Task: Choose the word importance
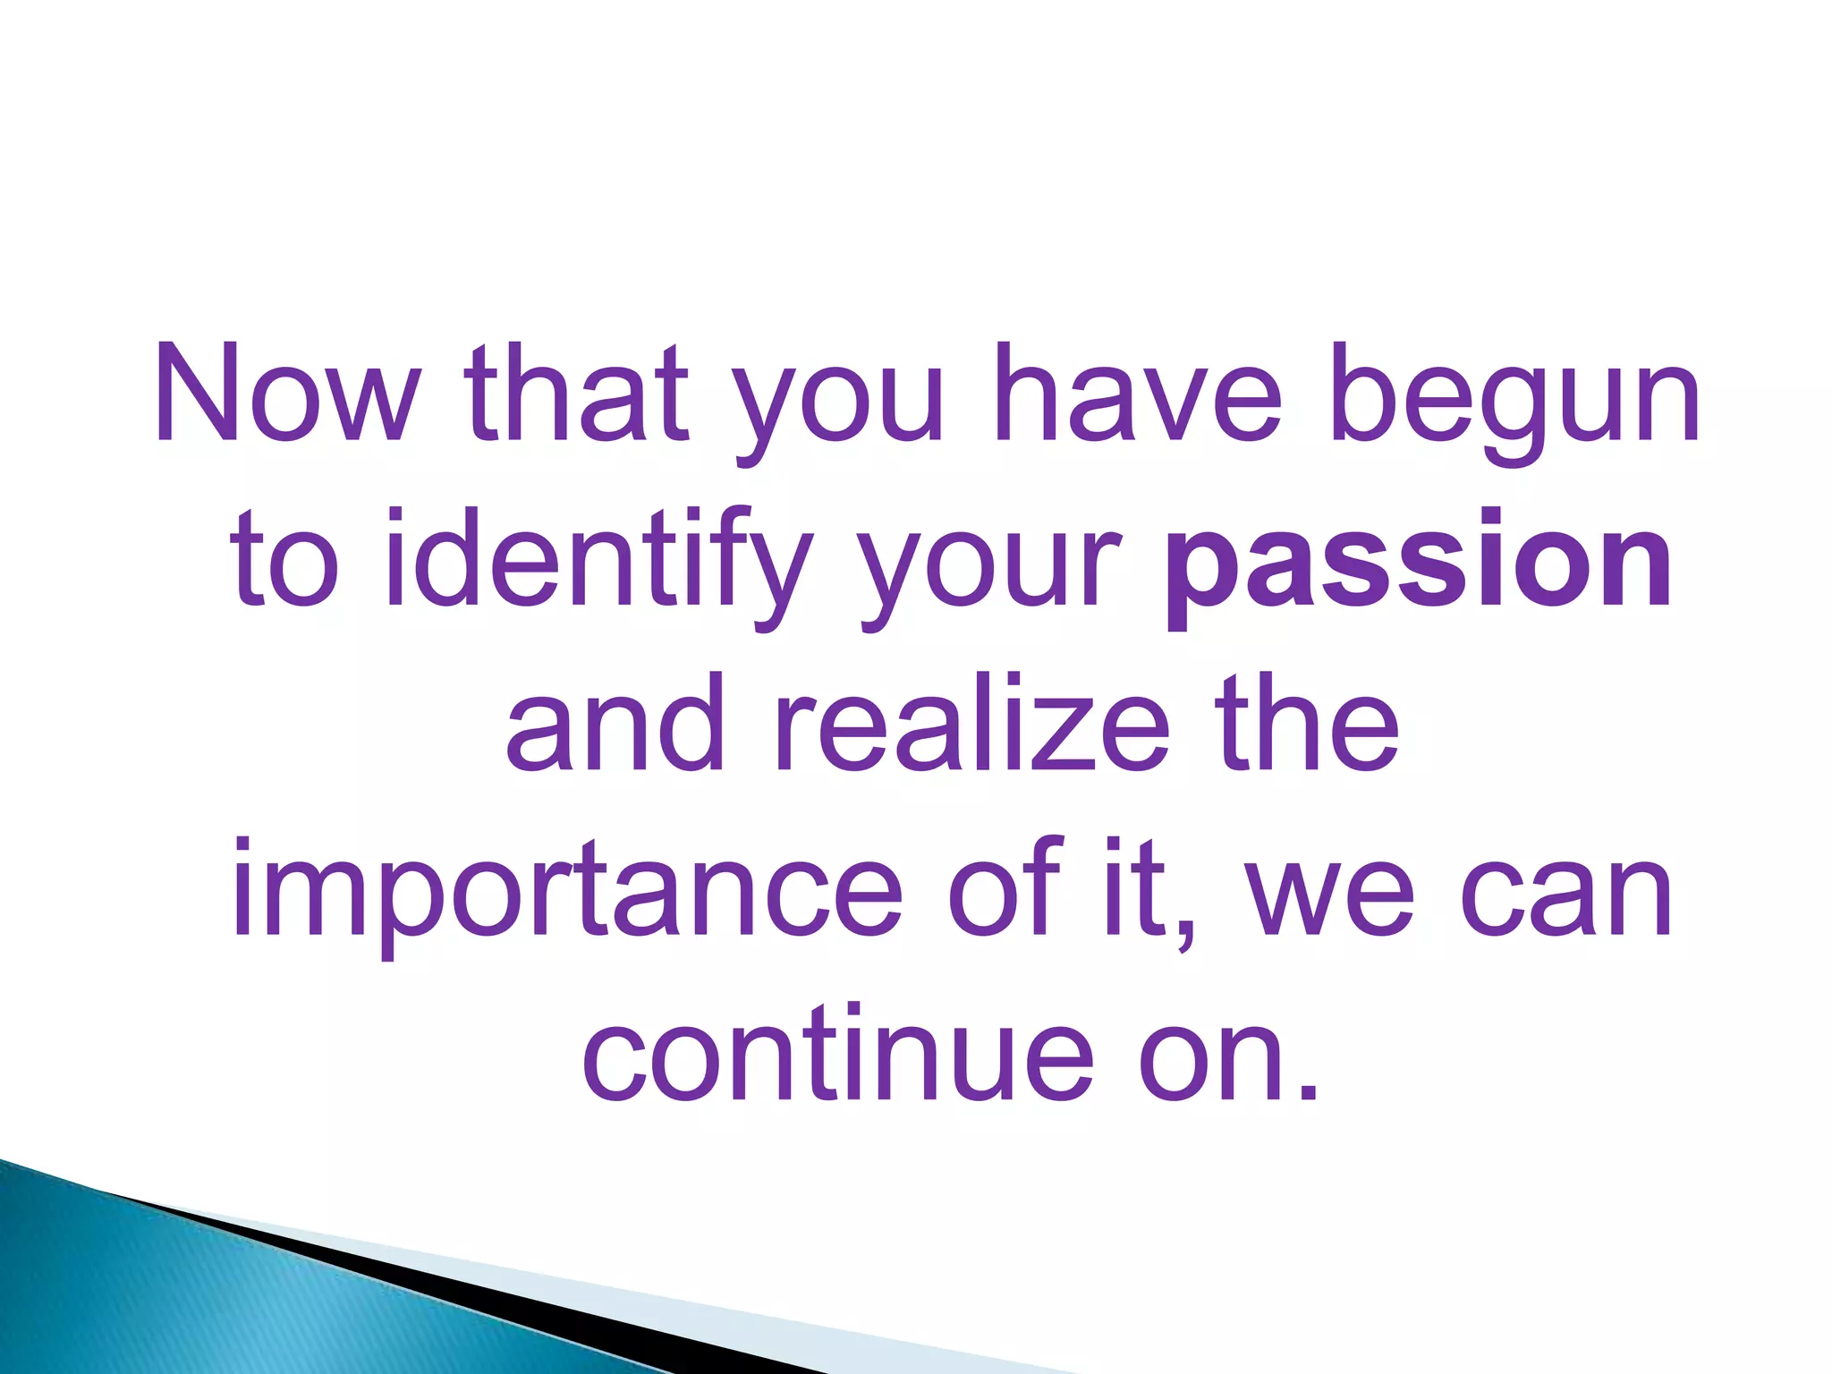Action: (x=567, y=895)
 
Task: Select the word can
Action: (x=1566, y=895)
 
